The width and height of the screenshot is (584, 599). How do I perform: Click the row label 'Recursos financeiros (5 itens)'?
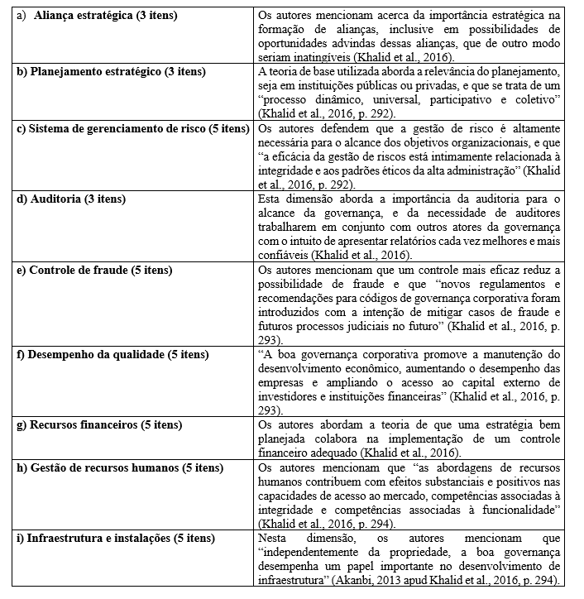pyautogui.click(x=100, y=425)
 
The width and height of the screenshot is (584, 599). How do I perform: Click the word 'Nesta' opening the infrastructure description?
pyautogui.click(x=273, y=539)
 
